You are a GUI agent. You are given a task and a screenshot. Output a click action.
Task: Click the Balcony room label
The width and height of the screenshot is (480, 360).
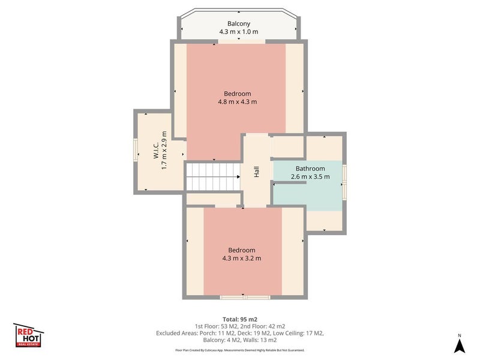[239, 23]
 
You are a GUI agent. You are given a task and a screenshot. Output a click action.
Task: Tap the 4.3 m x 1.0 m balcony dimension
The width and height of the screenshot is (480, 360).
[239, 32]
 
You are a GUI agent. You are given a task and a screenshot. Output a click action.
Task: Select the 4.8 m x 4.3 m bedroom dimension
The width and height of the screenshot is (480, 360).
[238, 102]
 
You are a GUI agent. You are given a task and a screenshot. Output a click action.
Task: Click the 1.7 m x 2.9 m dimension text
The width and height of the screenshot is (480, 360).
[164, 151]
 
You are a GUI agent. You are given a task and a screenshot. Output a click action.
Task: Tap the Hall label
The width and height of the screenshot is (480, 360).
[257, 172]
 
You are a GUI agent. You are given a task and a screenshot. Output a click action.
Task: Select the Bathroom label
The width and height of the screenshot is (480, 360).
[310, 169]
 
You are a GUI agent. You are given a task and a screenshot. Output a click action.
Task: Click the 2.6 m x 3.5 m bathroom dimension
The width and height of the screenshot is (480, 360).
[310, 176]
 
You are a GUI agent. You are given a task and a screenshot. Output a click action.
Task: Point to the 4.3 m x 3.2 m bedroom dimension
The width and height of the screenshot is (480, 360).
[242, 259]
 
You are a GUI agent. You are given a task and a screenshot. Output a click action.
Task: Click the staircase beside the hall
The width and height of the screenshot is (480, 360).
[213, 177]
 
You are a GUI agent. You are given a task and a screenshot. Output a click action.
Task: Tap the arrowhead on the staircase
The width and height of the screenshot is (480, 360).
[238, 176]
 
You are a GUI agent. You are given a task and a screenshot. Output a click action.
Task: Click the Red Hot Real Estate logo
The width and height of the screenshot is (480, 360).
[28, 335]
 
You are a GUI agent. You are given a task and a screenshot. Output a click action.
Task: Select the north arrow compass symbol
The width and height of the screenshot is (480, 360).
[459, 344]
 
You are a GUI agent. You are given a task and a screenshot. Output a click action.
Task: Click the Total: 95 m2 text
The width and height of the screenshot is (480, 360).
[239, 320]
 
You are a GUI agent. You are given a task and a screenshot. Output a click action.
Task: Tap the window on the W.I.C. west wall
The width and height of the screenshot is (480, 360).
[136, 149]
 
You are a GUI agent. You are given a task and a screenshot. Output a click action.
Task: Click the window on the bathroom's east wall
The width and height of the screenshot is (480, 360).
[344, 182]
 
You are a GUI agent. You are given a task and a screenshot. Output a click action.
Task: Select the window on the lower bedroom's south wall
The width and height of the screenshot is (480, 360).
[245, 297]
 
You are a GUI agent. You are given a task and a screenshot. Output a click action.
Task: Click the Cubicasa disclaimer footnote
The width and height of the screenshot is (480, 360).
[239, 350]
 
